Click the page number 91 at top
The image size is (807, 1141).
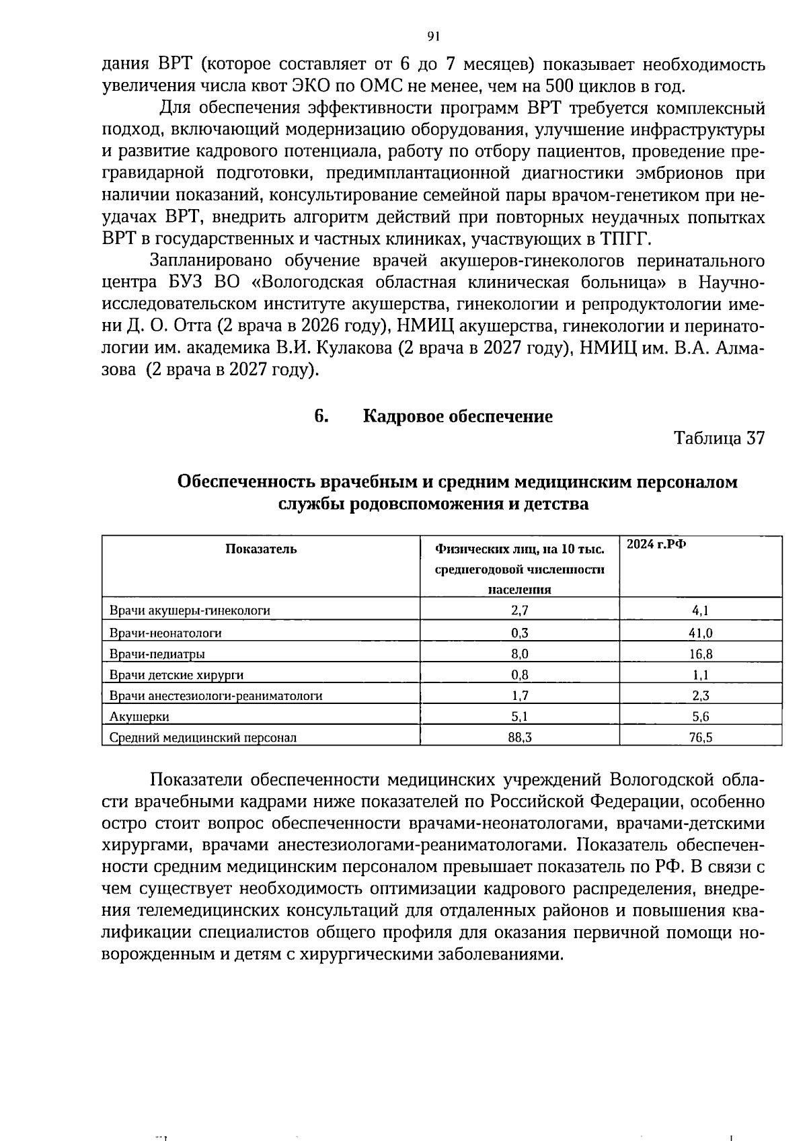coord(432,36)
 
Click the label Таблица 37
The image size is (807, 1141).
coord(719,438)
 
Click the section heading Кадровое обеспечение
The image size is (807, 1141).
coord(457,416)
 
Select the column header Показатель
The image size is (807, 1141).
coord(261,549)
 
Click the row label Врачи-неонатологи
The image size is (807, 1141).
coord(165,633)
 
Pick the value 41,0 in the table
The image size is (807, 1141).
coord(700,633)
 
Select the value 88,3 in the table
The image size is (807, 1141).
coord(519,738)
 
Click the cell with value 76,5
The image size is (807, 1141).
coord(700,738)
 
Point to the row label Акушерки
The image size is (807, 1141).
coord(139,717)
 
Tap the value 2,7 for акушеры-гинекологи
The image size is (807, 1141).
coord(519,611)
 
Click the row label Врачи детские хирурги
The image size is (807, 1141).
coord(176,675)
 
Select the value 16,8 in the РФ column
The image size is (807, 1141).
coord(700,654)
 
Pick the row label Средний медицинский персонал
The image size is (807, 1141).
coord(202,738)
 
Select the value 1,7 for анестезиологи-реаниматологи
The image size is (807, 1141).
coord(519,696)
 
